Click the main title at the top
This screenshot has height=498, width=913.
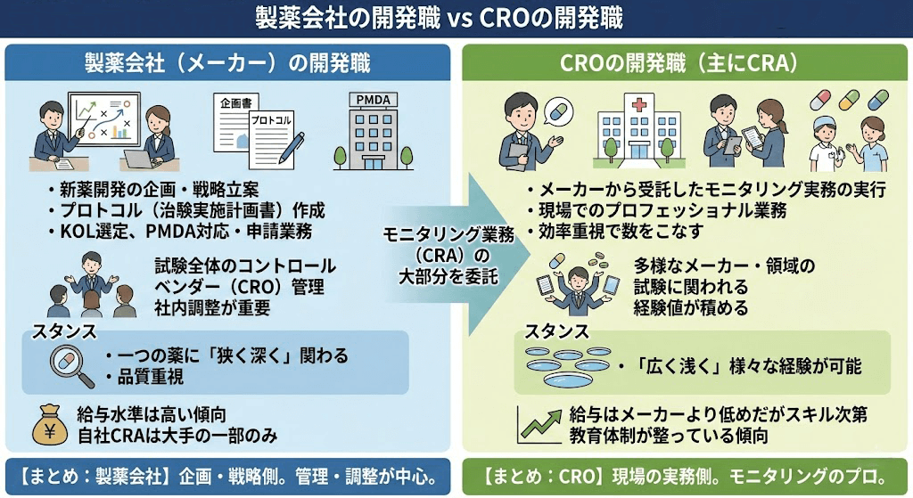coord(456,18)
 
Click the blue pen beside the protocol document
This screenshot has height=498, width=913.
coord(291,149)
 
